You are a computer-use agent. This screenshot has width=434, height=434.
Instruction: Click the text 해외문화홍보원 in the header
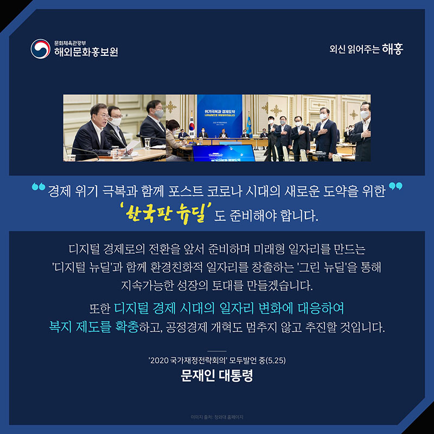(x=86, y=53)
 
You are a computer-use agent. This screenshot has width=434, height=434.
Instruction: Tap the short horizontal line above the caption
(x=217, y=352)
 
